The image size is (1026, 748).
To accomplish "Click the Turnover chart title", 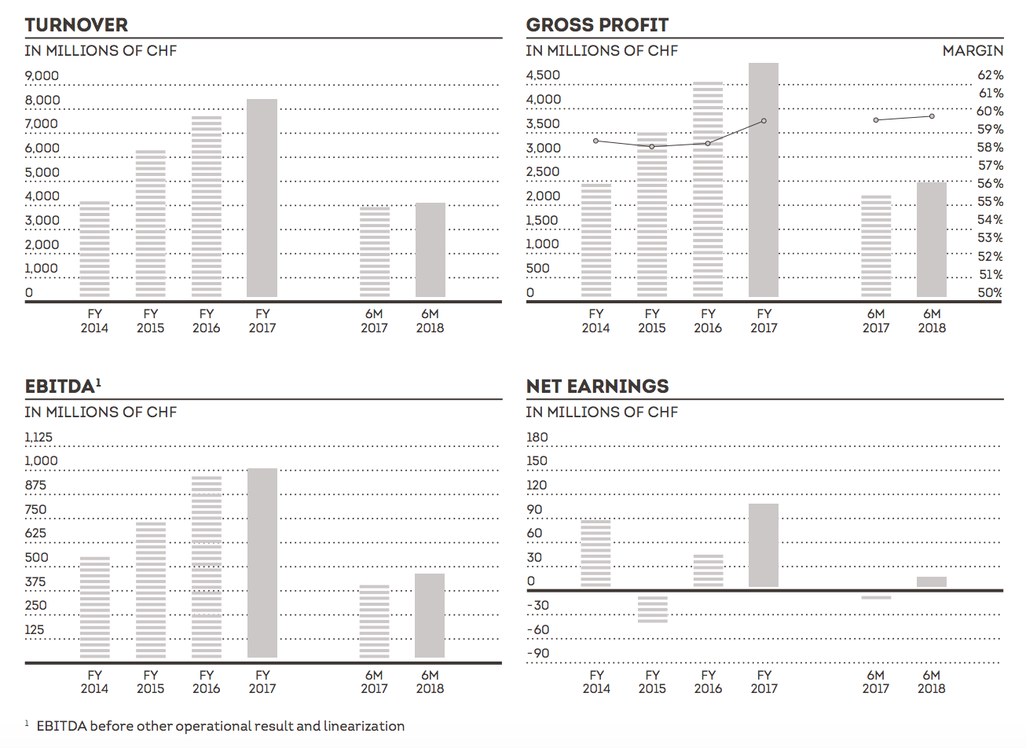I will (76, 25).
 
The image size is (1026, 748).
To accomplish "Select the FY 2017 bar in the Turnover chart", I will (262, 198).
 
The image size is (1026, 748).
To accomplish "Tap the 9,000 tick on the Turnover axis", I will (42, 76).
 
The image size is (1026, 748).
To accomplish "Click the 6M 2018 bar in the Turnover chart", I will (431, 250).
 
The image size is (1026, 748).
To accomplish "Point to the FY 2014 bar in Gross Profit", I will (596, 240).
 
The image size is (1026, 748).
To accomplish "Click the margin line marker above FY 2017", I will (764, 121).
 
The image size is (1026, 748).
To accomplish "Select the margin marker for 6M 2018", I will (932, 116).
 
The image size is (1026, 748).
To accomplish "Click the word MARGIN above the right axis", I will (973, 50).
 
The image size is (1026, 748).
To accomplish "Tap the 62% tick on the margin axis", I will (990, 75).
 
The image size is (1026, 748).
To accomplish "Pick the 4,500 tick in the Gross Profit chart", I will (543, 75).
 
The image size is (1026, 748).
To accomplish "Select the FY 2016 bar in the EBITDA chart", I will (207, 566).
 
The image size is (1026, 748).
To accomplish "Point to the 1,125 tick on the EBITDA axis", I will (38, 438).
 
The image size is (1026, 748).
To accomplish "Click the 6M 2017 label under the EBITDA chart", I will (374, 681).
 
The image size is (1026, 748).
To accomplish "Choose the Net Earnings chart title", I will (597, 387).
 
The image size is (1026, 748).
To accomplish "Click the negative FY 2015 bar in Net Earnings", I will (652, 608).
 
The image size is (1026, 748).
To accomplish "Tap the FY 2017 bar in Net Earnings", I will (764, 545).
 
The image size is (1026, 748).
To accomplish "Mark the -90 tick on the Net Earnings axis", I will (538, 654).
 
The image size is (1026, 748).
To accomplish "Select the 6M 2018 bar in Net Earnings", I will (932, 582).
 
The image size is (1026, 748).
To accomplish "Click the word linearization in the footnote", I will (364, 726).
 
